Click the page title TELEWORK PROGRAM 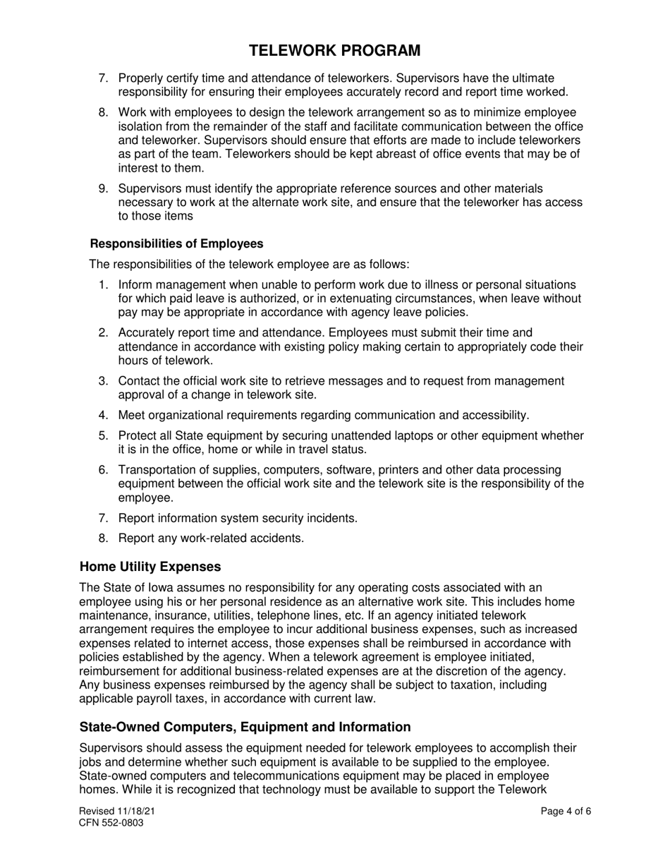click(x=335, y=50)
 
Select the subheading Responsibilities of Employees click(x=176, y=243)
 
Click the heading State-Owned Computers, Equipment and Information click(x=245, y=727)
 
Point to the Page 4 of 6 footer click(x=566, y=812)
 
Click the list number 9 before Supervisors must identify click(x=103, y=188)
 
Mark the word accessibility click(x=491, y=415)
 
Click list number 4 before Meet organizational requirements click(x=103, y=415)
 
